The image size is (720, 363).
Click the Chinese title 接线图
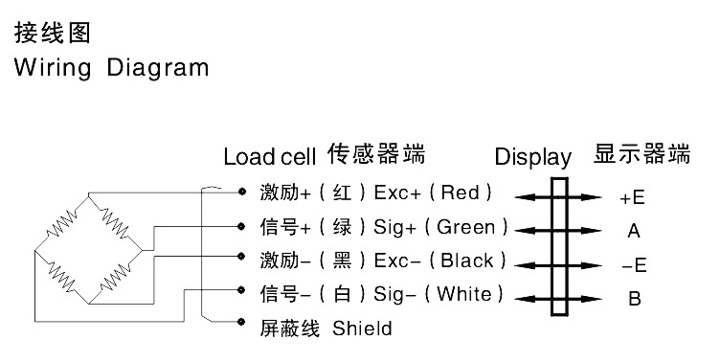52,34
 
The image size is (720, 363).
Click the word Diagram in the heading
157,69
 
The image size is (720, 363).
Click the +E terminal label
632,198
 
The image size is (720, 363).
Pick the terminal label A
633,231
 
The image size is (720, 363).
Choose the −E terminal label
633,265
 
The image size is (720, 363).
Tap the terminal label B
634,299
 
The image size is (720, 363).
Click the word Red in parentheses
461,193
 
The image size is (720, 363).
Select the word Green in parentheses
466,227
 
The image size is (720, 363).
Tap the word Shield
362,329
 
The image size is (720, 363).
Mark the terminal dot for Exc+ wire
241,193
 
